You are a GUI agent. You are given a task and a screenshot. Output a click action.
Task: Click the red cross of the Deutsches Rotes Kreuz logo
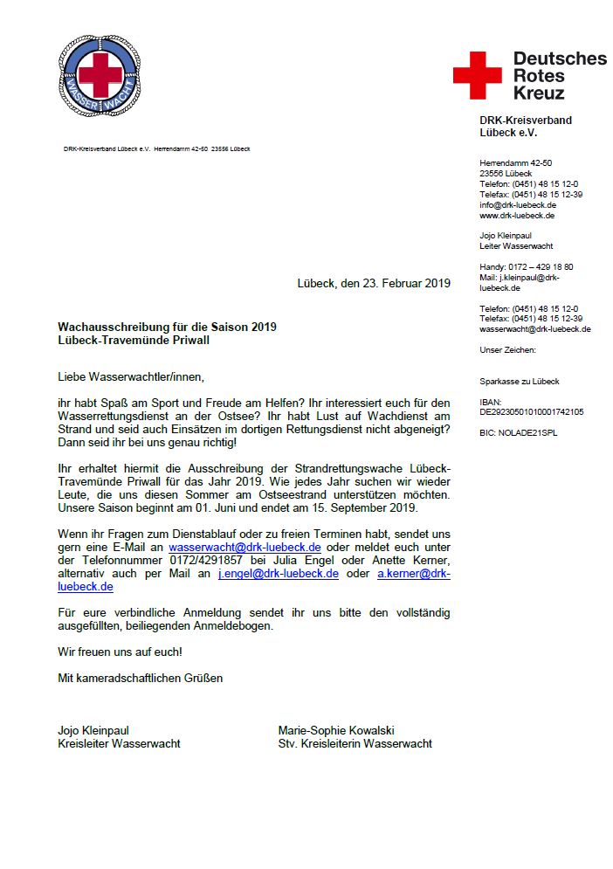477,75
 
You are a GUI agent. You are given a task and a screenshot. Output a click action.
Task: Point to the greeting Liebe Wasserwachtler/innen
130,377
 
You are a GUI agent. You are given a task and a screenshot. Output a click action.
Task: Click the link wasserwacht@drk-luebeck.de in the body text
251,547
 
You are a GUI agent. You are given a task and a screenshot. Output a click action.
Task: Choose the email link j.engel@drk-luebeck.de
278,574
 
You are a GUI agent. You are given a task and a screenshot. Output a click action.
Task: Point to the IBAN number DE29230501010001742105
532,411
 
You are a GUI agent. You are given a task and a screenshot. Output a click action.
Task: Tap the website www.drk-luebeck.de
517,215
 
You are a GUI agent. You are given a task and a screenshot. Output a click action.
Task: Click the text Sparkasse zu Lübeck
520,381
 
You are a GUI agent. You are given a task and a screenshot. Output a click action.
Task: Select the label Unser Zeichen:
507,349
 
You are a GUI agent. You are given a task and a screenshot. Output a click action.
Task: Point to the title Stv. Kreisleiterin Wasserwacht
355,744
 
